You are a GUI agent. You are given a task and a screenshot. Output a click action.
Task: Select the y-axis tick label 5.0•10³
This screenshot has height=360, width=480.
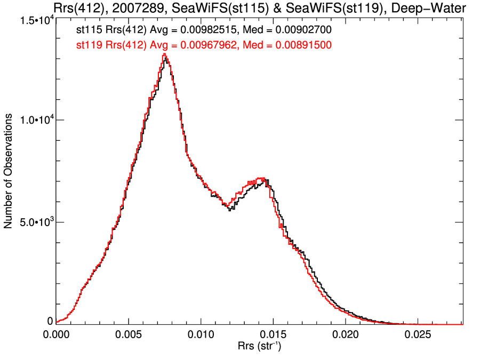[34, 222]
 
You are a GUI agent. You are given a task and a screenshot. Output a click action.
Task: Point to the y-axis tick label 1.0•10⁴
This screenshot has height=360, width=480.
[34, 120]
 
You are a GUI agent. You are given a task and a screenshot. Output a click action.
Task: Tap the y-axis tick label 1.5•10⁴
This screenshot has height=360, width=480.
[34, 20]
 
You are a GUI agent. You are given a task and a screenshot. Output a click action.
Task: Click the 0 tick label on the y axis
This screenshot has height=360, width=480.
[50, 321]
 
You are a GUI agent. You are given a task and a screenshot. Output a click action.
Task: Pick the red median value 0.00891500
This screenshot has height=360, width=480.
[303, 45]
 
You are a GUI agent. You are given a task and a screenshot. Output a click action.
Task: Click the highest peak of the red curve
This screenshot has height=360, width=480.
[165, 54]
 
